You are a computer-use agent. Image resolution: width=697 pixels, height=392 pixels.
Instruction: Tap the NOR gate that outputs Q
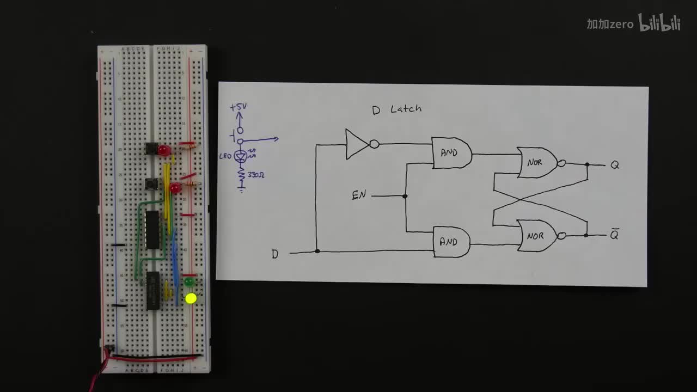point(537,162)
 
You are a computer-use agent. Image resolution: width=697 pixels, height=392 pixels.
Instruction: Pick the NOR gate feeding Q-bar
point(537,236)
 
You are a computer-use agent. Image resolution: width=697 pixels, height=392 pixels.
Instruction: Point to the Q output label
point(614,165)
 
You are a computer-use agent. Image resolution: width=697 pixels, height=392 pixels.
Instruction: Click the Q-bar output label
point(614,235)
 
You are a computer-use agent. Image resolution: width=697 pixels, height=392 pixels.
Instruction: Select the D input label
point(275,254)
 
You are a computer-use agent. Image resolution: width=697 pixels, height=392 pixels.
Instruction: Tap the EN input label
point(359,195)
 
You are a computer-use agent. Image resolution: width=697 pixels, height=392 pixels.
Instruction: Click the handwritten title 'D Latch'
point(396,109)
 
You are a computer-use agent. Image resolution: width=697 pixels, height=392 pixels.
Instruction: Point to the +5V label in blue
point(238,107)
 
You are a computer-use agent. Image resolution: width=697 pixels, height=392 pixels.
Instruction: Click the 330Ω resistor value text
point(256,175)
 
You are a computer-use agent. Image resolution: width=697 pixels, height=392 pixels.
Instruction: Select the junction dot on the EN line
point(405,196)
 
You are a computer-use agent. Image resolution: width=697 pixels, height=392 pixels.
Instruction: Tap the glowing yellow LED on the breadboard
point(191,298)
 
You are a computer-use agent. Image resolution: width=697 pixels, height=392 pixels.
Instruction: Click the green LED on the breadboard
point(189,282)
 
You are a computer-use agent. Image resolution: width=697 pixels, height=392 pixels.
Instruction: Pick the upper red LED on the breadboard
point(164,150)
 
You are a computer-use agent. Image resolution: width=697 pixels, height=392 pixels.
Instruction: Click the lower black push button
point(151,183)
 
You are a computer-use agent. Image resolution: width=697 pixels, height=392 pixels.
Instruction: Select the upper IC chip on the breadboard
point(152,229)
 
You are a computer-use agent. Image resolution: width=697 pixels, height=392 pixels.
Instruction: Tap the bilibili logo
point(659,23)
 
